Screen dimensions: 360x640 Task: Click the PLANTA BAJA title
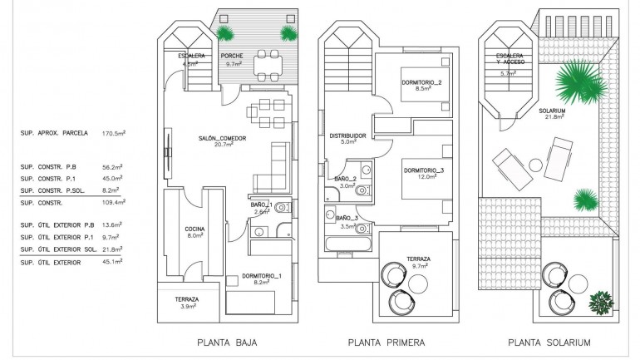226,343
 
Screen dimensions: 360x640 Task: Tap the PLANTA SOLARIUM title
556,343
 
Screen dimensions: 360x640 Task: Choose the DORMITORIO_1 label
263,275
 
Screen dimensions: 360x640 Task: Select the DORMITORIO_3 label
424,170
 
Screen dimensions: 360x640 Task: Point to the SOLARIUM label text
552,111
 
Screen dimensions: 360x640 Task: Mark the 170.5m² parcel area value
112,132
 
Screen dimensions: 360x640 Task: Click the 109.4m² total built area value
112,202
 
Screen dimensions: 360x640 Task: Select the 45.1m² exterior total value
112,263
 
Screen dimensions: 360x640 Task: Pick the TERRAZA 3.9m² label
186,303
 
